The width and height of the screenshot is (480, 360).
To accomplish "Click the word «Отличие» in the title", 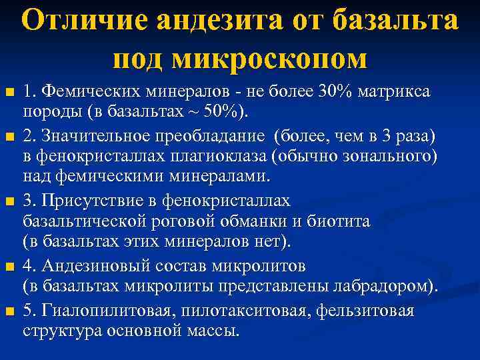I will tap(93, 21).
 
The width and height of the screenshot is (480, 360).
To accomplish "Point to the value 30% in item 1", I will tap(339, 90).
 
